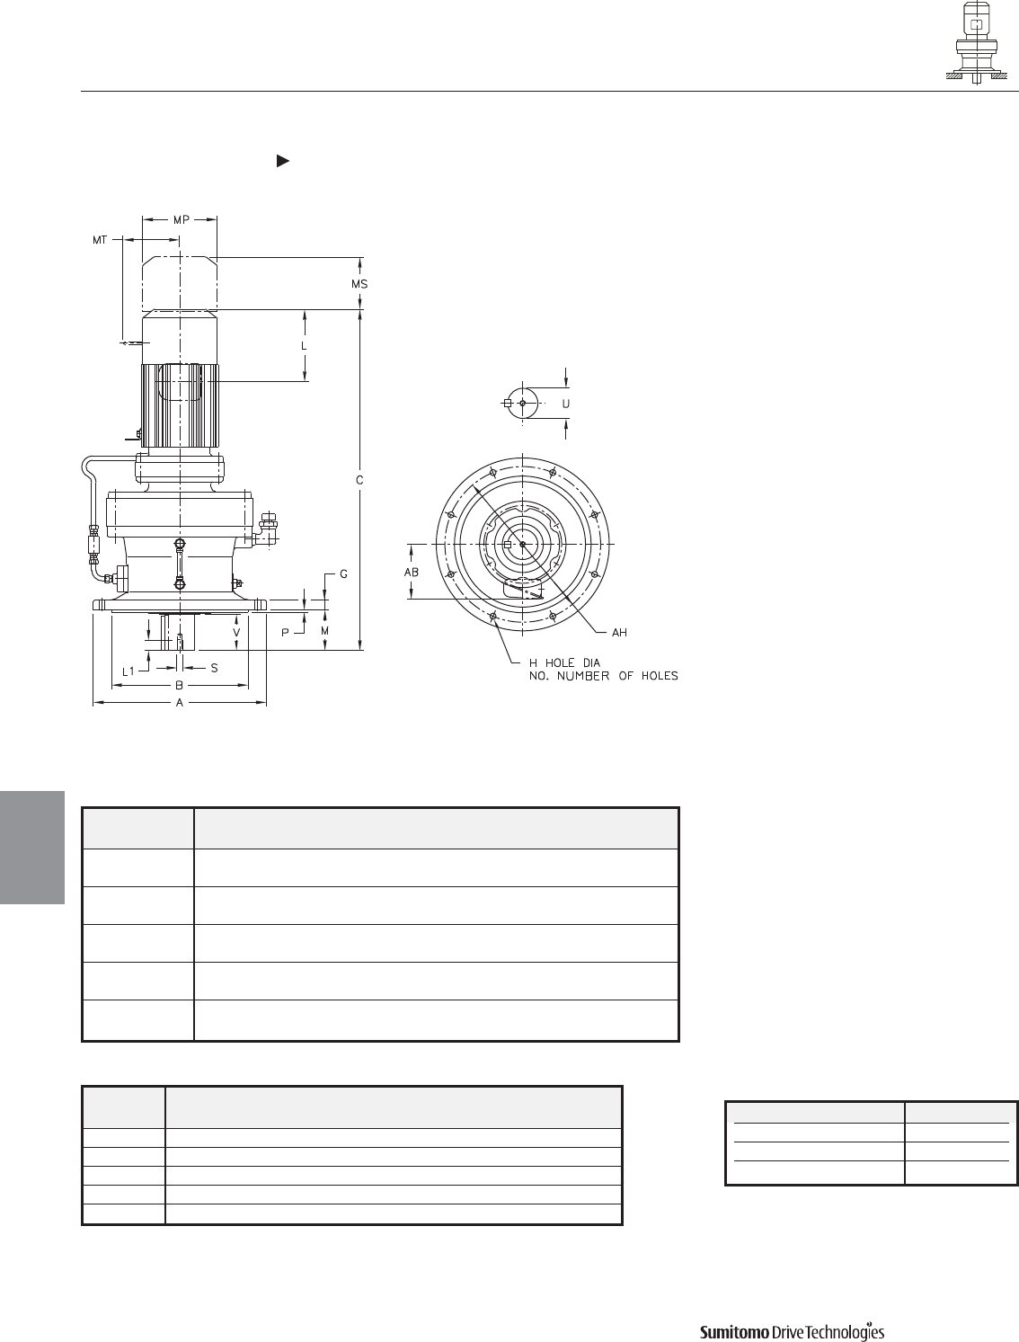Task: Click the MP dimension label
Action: click(181, 219)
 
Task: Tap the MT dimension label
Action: click(100, 240)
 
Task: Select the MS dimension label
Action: click(359, 284)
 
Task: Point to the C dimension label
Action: click(359, 481)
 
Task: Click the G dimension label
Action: click(343, 574)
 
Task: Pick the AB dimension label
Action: click(412, 573)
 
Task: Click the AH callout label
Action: click(619, 633)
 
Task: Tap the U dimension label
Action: click(566, 404)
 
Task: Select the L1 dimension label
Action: click(128, 671)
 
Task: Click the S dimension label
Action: click(214, 668)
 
